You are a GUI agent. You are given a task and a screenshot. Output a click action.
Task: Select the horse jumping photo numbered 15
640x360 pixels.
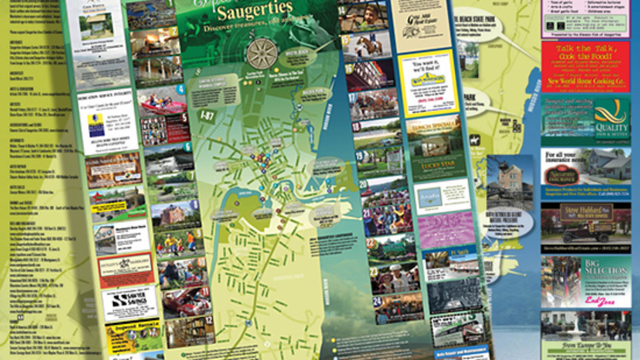click(x=367, y=44)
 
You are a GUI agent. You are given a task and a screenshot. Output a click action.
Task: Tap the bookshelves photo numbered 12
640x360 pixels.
click(x=189, y=331)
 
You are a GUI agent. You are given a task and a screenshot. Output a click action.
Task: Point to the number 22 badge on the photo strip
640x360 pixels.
click(x=371, y=242)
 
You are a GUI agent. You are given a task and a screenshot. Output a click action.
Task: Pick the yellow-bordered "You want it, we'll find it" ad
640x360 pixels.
click(x=426, y=83)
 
